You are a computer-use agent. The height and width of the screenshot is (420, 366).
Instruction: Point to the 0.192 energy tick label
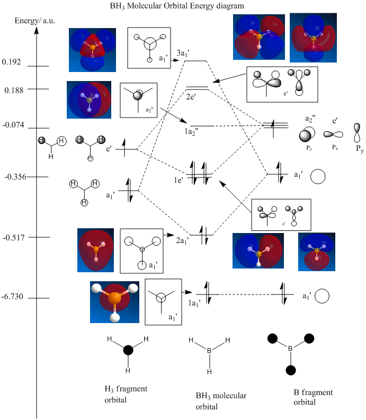tap(11, 62)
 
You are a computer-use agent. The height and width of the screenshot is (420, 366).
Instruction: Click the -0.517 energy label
tap(12, 237)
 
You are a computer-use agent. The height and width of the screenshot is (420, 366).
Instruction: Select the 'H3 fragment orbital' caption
tap(126, 394)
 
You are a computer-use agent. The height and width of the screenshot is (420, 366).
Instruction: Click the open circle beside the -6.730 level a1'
tap(323, 297)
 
